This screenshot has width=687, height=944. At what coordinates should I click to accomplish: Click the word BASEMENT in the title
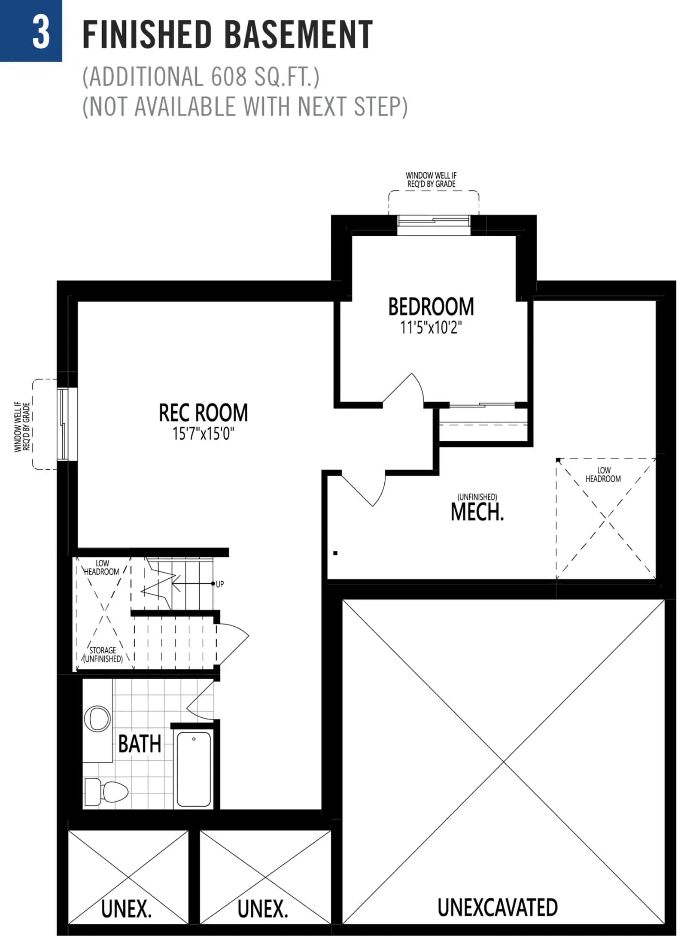point(299,34)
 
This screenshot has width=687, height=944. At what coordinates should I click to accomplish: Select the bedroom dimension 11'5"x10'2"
point(431,328)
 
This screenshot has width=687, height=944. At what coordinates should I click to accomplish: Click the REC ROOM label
point(204,413)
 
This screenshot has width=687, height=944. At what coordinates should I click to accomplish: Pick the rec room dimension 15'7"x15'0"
point(204,434)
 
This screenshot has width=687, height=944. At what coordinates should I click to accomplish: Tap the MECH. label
point(477,512)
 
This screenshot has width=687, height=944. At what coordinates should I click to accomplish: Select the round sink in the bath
point(97,719)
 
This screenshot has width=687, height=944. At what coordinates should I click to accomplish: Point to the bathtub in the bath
point(194,769)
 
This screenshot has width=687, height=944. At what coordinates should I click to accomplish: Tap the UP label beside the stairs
point(219,584)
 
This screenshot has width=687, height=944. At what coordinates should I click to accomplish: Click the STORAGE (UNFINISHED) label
point(103,655)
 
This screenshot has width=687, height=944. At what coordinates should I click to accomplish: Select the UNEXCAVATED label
point(497,907)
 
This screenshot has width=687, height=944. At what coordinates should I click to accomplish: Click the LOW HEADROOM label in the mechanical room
point(603,474)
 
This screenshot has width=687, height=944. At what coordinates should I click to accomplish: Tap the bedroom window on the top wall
point(434,225)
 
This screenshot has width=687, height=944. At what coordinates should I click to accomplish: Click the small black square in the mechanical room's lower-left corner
point(335,553)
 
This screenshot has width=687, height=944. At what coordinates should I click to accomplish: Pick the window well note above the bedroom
point(431,180)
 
